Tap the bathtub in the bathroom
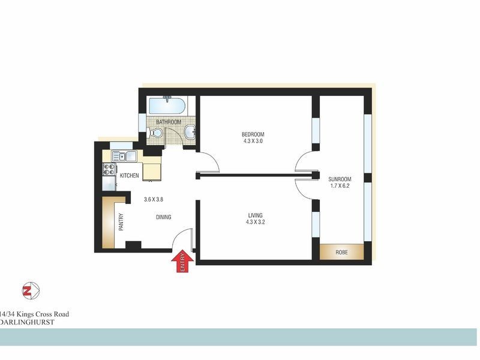[167, 106]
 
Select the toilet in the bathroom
[155, 133]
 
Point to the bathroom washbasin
[190, 132]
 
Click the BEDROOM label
[253, 134]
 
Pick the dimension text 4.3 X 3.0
[253, 142]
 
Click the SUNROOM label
[340, 179]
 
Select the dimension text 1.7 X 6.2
[340, 186]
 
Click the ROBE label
[341, 252]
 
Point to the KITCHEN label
[130, 175]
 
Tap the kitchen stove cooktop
[109, 169]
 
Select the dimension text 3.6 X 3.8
[154, 200]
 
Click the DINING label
[164, 217]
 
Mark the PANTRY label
[121, 222]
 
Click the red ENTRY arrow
[182, 262]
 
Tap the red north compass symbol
[30, 291]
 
